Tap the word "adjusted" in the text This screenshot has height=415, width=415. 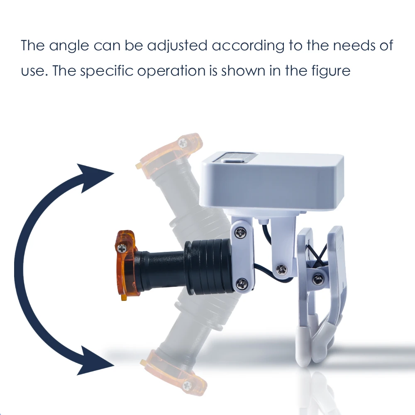coord(177,45)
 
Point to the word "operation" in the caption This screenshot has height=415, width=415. coord(171,71)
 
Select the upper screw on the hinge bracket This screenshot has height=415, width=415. coord(241,233)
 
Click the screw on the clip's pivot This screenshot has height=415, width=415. coord(317,279)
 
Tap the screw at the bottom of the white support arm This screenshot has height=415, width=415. coord(281,270)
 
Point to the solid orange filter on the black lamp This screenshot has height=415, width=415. coord(127,265)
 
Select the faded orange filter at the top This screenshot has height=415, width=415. coord(169,154)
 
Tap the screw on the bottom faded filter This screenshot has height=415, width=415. coord(187,386)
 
